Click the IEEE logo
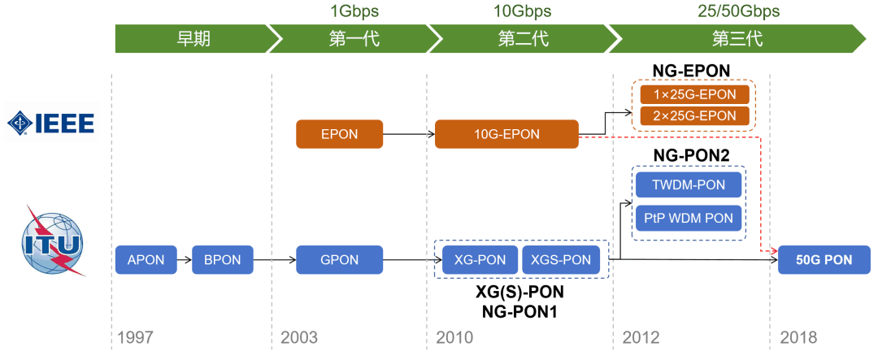click(51, 124)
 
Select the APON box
click(146, 260)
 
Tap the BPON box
click(223, 260)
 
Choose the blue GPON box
click(339, 260)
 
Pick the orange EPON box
click(339, 134)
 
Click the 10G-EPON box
click(506, 134)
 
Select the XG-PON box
click(479, 260)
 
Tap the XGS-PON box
click(560, 260)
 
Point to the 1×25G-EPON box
click(693, 94)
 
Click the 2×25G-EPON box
click(693, 116)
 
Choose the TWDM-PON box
click(689, 184)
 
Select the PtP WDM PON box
click(689, 218)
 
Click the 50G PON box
click(824, 260)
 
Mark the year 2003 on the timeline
click(299, 337)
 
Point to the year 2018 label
click(798, 337)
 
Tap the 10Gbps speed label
click(522, 11)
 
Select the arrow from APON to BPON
click(183, 260)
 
